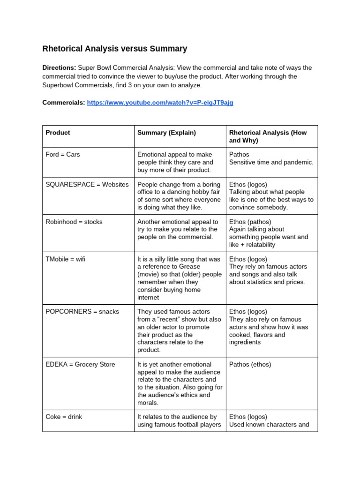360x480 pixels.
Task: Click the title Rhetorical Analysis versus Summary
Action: click(x=115, y=49)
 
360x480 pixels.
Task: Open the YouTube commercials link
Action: click(x=160, y=103)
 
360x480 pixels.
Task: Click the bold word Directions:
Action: click(x=59, y=68)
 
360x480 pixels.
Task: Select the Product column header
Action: click(x=58, y=133)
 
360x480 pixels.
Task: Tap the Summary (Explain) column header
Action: click(x=166, y=133)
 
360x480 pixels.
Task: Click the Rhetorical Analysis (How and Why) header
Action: click(x=268, y=136)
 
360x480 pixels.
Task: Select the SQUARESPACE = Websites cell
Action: click(x=87, y=185)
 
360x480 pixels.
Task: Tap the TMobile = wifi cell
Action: click(x=65, y=259)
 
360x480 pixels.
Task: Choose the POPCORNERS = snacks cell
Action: click(x=82, y=312)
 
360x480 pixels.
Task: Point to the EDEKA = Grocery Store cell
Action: click(x=80, y=365)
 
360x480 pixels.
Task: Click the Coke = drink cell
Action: click(x=64, y=417)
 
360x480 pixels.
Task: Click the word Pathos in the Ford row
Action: click(x=239, y=155)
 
